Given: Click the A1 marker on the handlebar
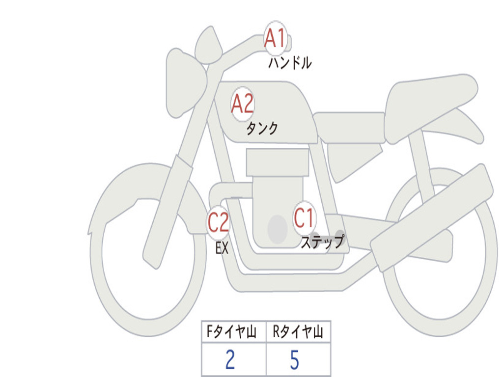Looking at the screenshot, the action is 275,38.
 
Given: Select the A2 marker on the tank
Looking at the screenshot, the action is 243,104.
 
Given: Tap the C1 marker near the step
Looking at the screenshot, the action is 304,217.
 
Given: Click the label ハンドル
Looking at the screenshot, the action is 290,63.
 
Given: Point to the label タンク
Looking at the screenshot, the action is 262,129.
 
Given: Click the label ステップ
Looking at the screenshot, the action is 322,242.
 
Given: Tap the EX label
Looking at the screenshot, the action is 222,248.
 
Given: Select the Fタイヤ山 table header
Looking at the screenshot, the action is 233,332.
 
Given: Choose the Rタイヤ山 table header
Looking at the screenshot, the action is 298,332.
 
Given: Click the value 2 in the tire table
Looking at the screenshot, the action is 230,360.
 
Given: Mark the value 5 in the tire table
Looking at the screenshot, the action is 294,360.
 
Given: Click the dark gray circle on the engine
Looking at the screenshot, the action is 278,229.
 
